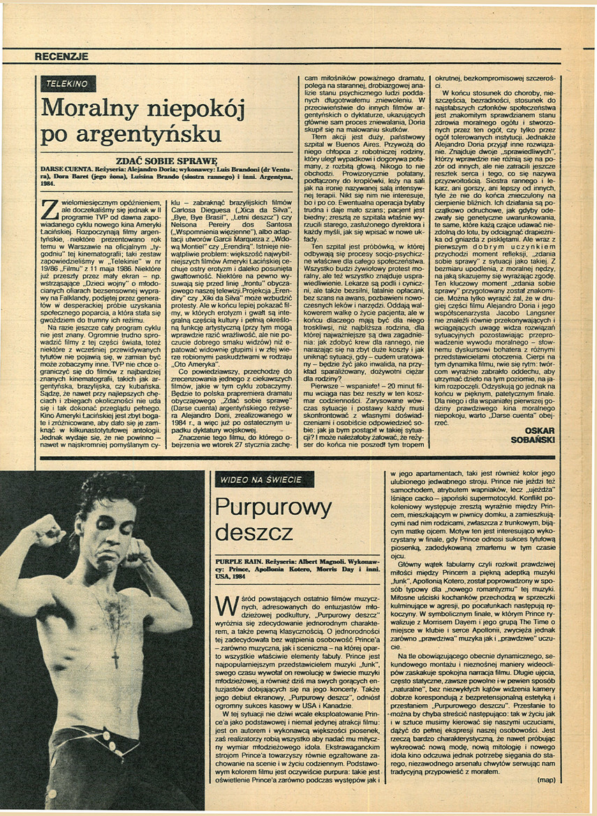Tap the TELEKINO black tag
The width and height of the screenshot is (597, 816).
coord(67,84)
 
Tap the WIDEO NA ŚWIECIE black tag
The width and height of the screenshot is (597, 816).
coord(261,480)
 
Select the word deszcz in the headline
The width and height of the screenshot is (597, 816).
coord(254,533)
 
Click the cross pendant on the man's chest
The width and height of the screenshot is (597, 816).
coord(116,657)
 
